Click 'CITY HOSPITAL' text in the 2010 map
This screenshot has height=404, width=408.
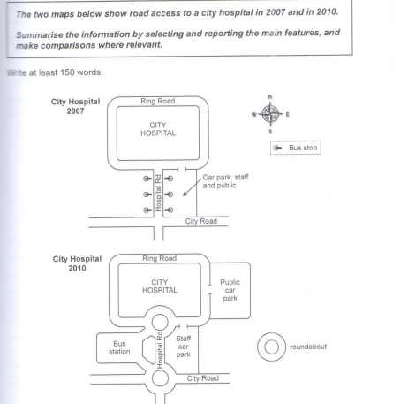(x=160, y=286)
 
